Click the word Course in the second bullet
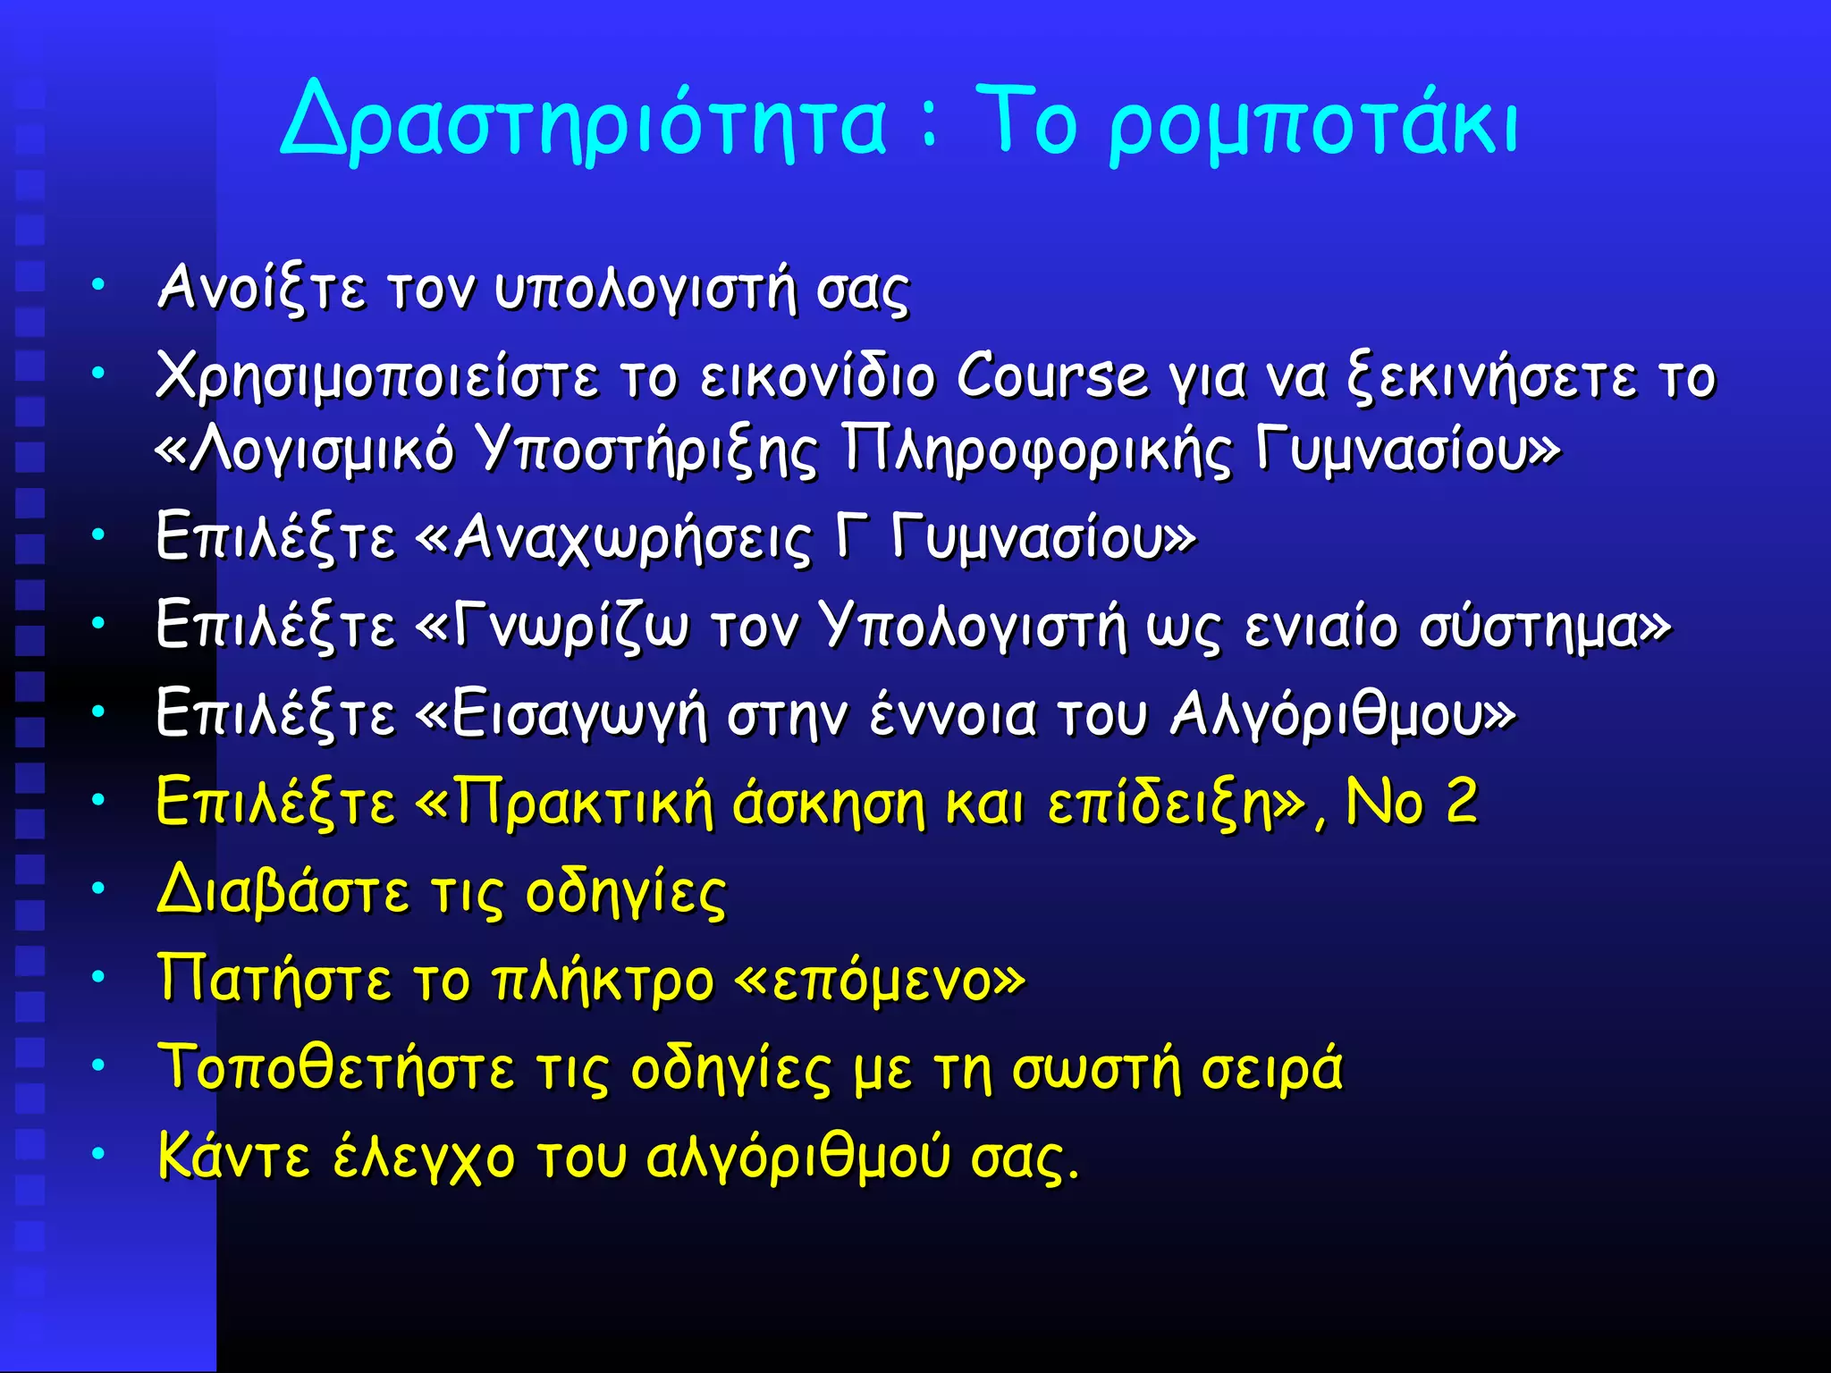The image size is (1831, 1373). [x=1051, y=376]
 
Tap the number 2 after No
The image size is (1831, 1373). [x=1461, y=801]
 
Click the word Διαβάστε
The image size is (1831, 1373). [x=283, y=891]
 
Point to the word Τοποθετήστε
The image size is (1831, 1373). [x=336, y=1068]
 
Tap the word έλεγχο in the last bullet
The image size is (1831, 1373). [x=424, y=1158]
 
